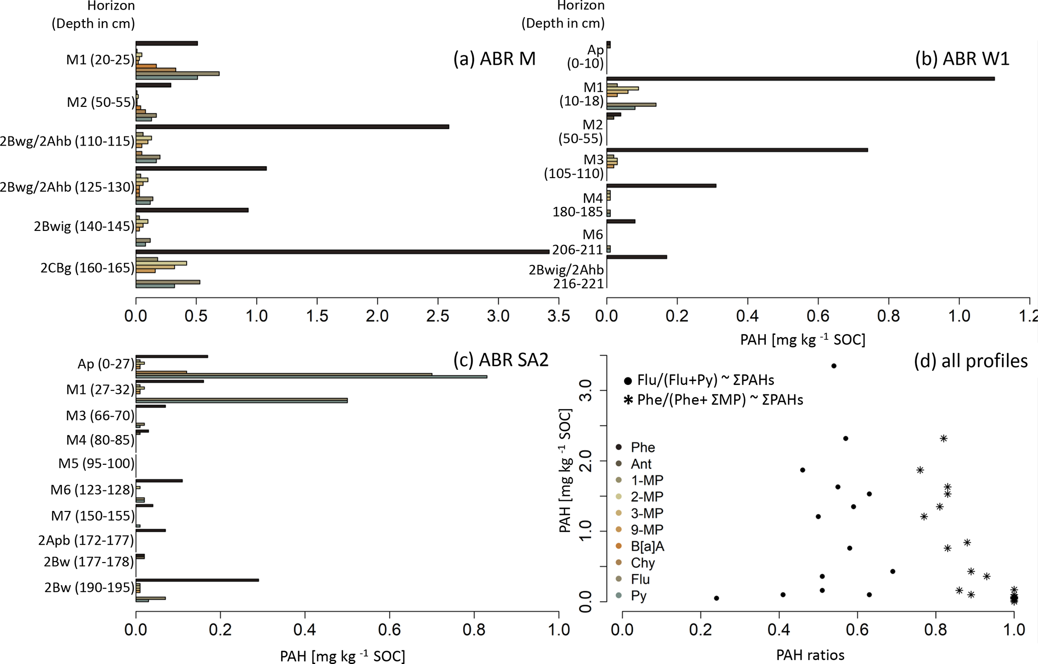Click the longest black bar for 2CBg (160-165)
(341, 251)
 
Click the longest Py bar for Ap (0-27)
(311, 376)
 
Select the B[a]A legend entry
(647, 546)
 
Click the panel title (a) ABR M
(494, 59)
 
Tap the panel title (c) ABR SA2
(501, 360)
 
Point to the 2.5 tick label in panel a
(438, 316)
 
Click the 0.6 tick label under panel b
(818, 316)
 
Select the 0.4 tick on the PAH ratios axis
(779, 629)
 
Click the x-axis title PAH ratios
(810, 655)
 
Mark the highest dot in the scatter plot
(834, 366)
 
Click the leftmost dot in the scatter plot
(717, 598)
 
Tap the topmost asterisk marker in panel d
(944, 439)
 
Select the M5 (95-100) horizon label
(96, 463)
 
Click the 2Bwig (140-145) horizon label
(84, 226)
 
